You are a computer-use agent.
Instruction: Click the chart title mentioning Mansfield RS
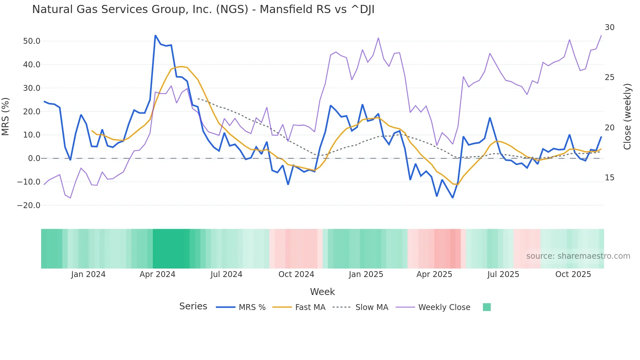203,9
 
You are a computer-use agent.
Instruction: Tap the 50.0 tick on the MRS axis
32,41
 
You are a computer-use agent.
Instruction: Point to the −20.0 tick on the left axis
29,205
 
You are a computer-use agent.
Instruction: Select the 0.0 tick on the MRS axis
34,158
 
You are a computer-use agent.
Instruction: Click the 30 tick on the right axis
609,27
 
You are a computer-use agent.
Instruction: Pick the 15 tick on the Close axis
609,178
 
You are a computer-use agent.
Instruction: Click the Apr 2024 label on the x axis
157,274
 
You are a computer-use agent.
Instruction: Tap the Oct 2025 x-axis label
573,274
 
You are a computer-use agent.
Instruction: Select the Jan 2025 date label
366,274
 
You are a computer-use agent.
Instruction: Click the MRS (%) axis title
6,116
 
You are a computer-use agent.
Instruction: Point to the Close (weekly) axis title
627,116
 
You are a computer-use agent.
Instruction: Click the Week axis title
322,292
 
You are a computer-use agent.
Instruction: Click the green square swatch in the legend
487,307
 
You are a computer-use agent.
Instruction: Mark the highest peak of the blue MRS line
155,35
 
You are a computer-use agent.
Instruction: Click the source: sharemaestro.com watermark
578,256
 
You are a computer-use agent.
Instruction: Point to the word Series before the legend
193,306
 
